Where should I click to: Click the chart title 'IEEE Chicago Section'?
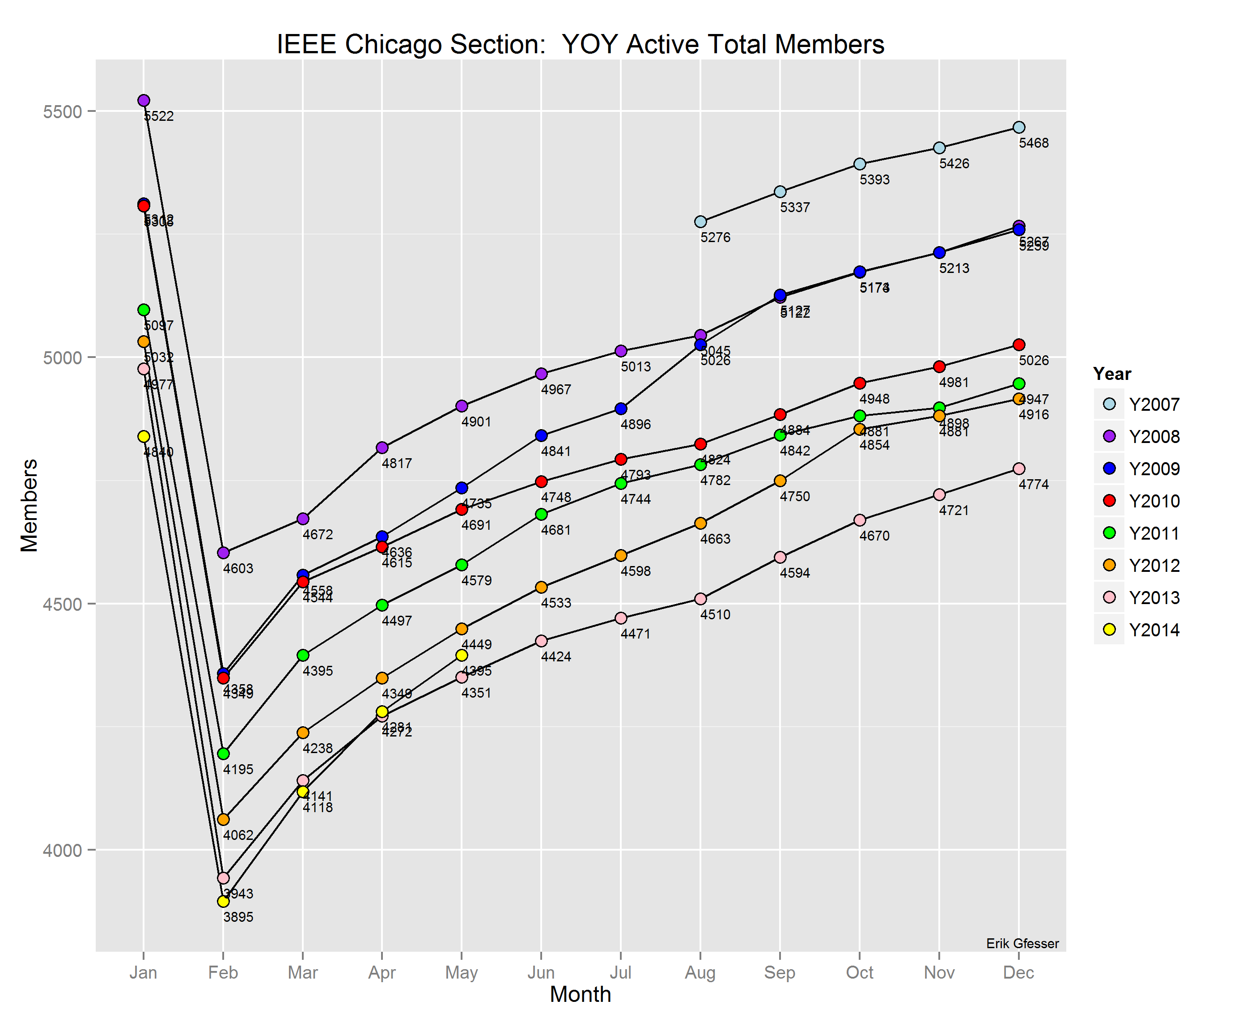click(580, 45)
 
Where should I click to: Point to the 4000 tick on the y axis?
click(62, 850)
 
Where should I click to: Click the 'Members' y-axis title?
click(30, 506)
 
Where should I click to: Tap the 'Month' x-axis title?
click(580, 994)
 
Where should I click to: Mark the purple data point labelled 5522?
click(144, 101)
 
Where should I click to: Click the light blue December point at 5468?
click(1019, 128)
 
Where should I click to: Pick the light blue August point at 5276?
click(700, 221)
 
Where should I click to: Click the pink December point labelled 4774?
click(1019, 468)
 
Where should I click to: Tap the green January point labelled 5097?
click(144, 310)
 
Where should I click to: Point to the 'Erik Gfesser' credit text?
click(1022, 944)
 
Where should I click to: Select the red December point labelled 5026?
click(1019, 345)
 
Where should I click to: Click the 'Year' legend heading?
click(1112, 374)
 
